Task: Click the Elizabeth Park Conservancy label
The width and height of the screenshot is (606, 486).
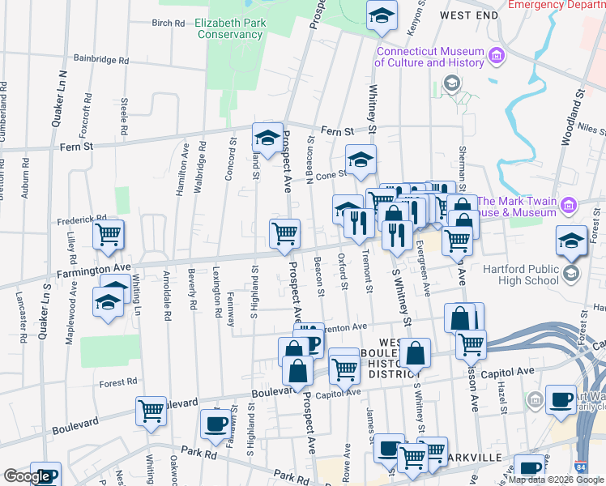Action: pyautogui.click(x=229, y=28)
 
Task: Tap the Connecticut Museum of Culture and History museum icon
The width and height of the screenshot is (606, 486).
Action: pyautogui.click(x=496, y=56)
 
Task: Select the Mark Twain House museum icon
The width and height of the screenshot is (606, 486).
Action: pyautogui.click(x=569, y=207)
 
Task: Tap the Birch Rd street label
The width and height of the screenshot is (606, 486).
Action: pyautogui.click(x=169, y=23)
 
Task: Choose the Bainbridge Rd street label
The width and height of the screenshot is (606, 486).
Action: pyautogui.click(x=101, y=60)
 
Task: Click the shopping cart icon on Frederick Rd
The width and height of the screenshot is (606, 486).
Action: pyautogui.click(x=108, y=235)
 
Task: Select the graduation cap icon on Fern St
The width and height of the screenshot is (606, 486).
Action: pyautogui.click(x=267, y=137)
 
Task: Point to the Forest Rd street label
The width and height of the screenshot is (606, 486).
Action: pyautogui.click(x=119, y=382)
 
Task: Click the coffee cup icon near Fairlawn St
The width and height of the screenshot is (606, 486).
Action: pyautogui.click(x=216, y=424)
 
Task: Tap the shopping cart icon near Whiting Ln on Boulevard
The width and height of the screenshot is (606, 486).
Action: pyautogui.click(x=151, y=412)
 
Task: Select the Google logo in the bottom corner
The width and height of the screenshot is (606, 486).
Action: pyautogui.click(x=27, y=476)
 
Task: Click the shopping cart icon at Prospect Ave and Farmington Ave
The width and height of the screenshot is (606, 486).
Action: pyautogui.click(x=284, y=234)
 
